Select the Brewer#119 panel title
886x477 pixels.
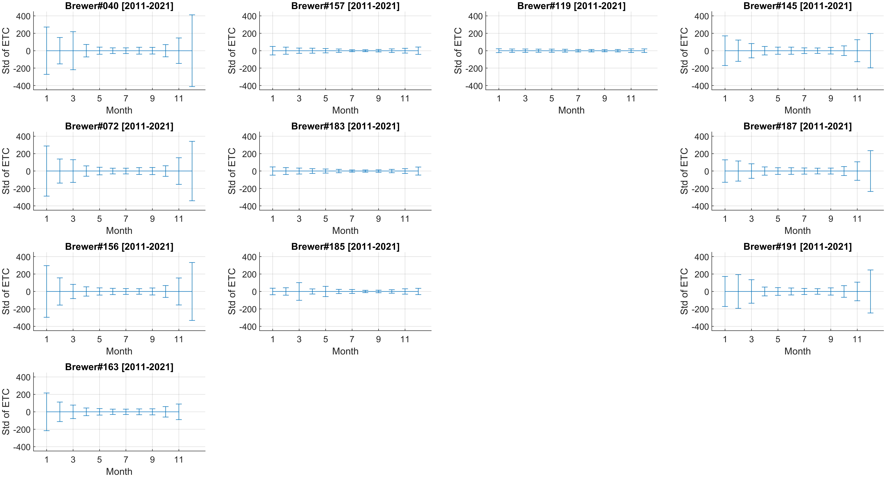[x=571, y=6]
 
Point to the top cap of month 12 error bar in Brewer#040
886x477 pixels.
[x=192, y=15]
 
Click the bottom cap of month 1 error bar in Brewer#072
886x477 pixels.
[x=46, y=196]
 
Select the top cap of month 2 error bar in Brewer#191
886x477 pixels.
[x=738, y=274]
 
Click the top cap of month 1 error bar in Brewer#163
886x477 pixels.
[x=46, y=393]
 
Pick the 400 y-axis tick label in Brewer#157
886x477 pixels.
[x=249, y=16]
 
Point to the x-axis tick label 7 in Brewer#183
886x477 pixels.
[x=352, y=219]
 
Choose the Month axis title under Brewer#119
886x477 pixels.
[x=571, y=110]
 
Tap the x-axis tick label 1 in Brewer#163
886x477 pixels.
[x=46, y=459]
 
